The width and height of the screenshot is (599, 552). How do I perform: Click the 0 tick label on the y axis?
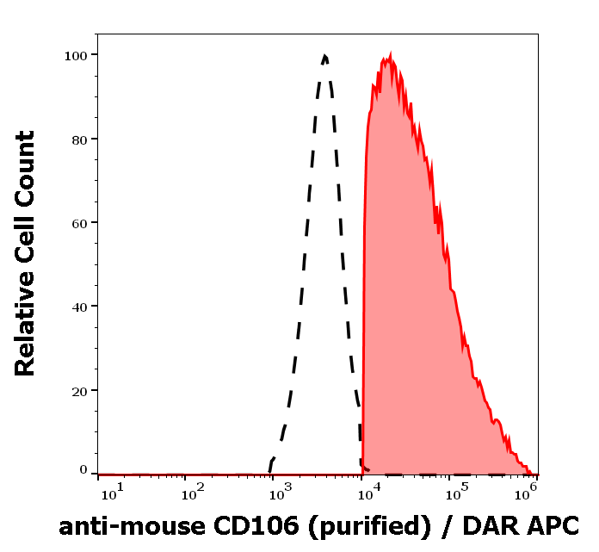[84, 470]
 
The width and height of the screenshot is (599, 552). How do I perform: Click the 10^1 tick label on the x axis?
[112, 491]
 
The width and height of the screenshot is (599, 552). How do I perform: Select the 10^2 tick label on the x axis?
[192, 491]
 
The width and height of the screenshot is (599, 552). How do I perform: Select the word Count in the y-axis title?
[25, 164]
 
